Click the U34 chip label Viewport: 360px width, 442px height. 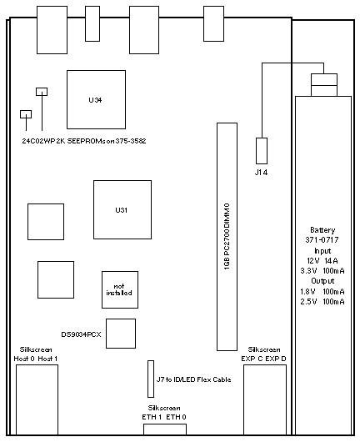[95, 100]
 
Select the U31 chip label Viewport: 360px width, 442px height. [122, 210]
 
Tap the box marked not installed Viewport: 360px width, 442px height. [120, 289]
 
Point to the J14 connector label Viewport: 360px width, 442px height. [261, 173]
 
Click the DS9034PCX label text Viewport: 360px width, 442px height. [81, 334]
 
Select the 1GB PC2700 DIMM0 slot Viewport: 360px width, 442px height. [227, 237]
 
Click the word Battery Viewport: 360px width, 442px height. [322, 230]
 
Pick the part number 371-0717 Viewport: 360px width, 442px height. [322, 240]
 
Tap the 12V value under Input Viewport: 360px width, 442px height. [313, 261]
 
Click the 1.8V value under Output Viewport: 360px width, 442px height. [307, 292]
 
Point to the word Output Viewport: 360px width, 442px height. [322, 281]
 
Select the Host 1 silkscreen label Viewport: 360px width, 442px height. [47, 359]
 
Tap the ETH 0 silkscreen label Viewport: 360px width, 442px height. [176, 417]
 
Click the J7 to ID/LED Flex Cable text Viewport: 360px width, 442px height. [194, 379]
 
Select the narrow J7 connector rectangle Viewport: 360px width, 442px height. [151, 379]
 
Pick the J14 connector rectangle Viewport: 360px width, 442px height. [262, 151]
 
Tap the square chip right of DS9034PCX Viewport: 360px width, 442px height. [121, 334]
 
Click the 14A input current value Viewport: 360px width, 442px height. [331, 261]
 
